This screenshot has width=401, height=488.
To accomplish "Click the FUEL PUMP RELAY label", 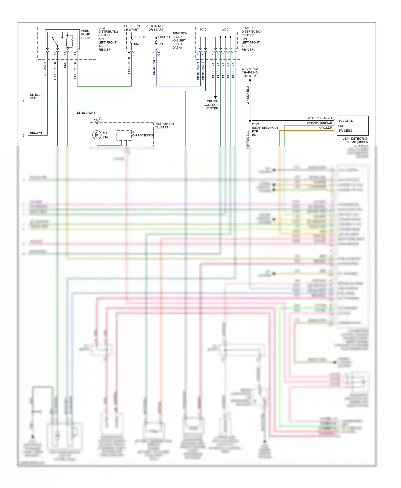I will pos(86,34).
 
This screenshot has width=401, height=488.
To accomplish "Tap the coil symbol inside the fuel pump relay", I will pos(72,41).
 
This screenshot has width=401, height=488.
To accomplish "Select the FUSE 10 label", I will pos(140,37).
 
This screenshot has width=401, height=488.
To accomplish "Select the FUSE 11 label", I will pos(164,37).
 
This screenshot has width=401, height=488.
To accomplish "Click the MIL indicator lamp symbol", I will pos(97,135).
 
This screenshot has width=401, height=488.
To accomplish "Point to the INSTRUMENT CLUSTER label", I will pos(164,125).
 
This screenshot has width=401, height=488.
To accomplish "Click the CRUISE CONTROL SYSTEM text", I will pos(211,105).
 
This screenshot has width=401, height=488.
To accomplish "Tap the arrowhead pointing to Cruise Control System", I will pos(215,97).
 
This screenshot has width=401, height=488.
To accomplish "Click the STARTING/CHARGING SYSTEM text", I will pos(250,72).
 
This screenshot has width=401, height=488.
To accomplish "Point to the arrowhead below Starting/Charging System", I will pos(250,80).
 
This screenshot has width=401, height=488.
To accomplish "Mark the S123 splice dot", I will pos(250,121).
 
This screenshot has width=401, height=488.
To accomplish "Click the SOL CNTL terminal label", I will pos(345,121).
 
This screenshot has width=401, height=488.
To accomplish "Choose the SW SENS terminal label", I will pos(345,131).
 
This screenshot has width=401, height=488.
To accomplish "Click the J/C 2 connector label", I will pos(203,29).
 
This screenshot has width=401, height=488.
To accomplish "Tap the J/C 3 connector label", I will pos(225,29).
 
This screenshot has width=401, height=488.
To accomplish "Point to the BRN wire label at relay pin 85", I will pos(65,65).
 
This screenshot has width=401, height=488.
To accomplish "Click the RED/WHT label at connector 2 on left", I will pos(37,133).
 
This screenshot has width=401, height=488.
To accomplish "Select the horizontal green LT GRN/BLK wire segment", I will pos(104,86).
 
